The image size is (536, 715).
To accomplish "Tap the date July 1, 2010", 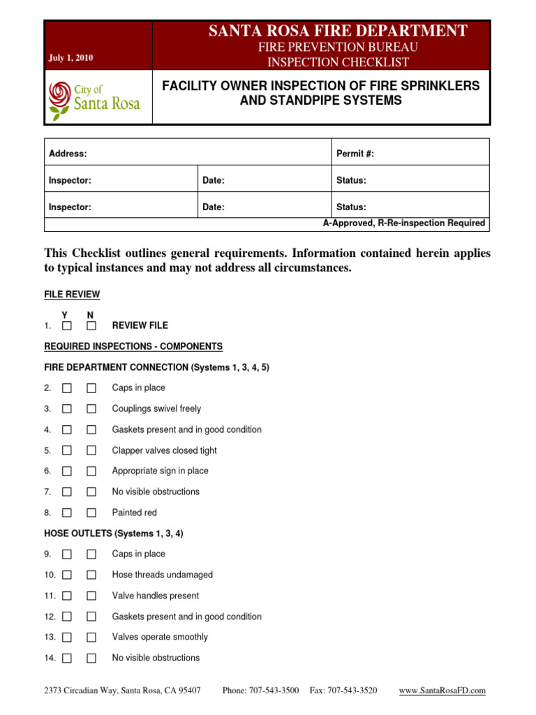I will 70,58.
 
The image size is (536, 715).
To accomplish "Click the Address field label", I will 68,154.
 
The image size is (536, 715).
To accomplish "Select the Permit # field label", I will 355,154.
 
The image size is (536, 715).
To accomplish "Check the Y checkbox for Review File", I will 66,325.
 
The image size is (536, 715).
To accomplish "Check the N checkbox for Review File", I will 91,325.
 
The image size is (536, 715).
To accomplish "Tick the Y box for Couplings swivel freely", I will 66,409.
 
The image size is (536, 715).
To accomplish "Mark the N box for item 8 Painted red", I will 91,513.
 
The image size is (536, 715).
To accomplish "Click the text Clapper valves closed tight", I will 164,450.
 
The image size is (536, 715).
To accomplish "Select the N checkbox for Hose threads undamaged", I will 91,575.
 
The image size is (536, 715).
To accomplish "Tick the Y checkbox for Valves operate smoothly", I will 66,637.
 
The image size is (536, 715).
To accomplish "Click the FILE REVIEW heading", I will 72,295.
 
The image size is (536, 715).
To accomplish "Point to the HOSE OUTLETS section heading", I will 114,533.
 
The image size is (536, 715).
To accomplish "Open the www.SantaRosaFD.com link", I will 442,691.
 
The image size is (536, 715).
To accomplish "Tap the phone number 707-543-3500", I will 260,691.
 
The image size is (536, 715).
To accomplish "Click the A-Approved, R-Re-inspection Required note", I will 403,223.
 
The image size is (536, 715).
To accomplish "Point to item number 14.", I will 50,658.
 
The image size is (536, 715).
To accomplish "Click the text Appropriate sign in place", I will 160,471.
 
